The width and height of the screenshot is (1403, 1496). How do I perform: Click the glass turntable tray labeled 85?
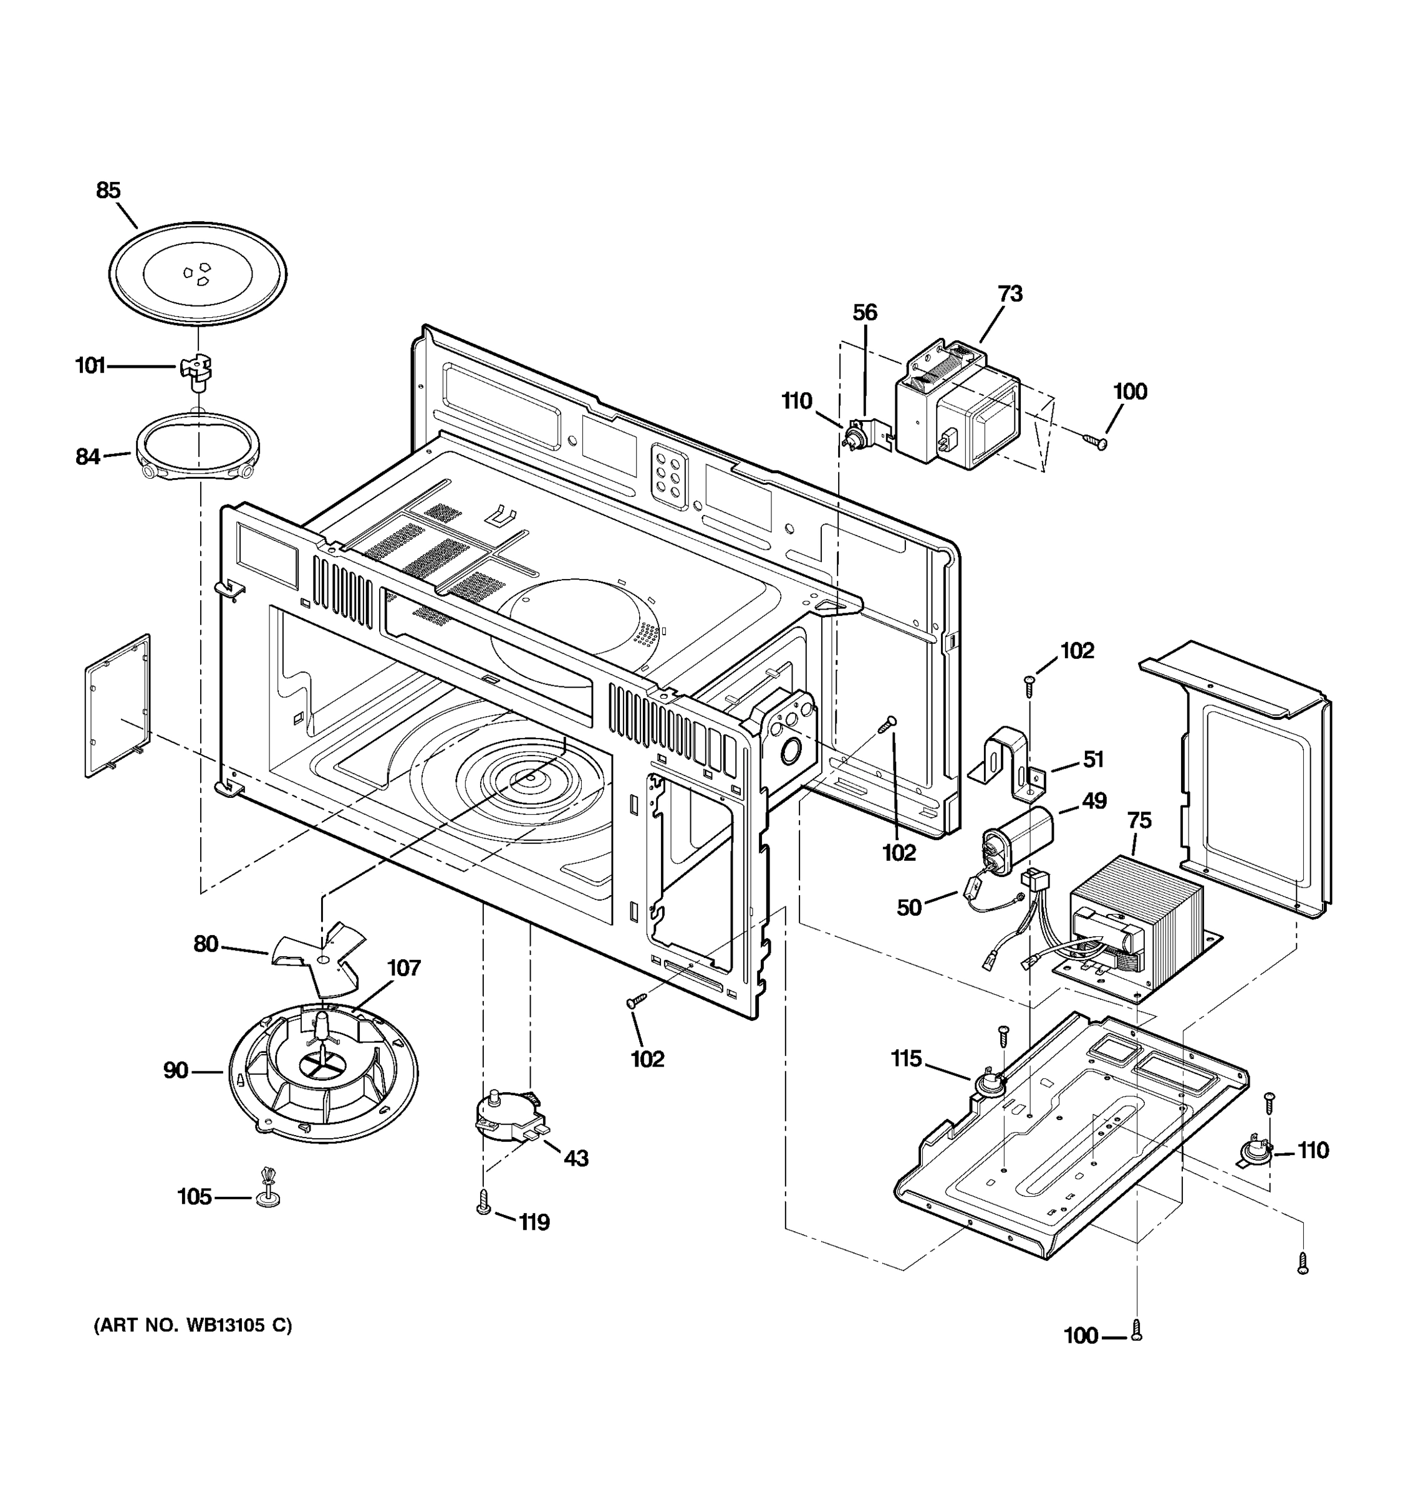[x=197, y=272]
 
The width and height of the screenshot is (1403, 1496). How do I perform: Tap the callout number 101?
[x=90, y=367]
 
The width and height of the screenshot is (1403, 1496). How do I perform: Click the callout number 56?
[x=865, y=313]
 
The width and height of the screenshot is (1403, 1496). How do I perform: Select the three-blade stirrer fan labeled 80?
[x=320, y=960]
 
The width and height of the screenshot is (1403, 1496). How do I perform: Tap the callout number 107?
[x=403, y=969]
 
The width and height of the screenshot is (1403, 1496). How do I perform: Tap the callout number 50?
[x=909, y=908]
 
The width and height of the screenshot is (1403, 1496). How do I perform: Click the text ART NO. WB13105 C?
[x=193, y=1325]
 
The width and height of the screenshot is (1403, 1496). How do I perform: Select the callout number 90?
[x=175, y=1071]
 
